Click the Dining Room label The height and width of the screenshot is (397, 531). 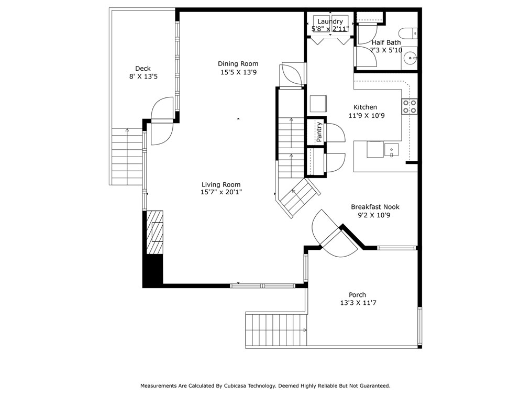click(x=238, y=64)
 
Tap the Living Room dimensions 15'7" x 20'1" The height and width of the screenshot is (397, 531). click(x=221, y=192)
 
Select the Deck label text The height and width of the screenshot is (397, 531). click(x=143, y=69)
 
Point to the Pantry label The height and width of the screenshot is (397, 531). click(x=319, y=132)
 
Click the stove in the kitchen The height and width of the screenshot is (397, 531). click(x=410, y=107)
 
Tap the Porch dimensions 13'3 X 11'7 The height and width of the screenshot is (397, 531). click(x=358, y=303)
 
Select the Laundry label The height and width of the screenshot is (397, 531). click(x=330, y=21)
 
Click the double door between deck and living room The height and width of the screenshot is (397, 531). click(x=162, y=121)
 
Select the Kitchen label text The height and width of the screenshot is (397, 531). click(x=365, y=107)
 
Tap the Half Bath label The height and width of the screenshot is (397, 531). click(x=386, y=42)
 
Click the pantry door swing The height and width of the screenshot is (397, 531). click(x=335, y=132)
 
